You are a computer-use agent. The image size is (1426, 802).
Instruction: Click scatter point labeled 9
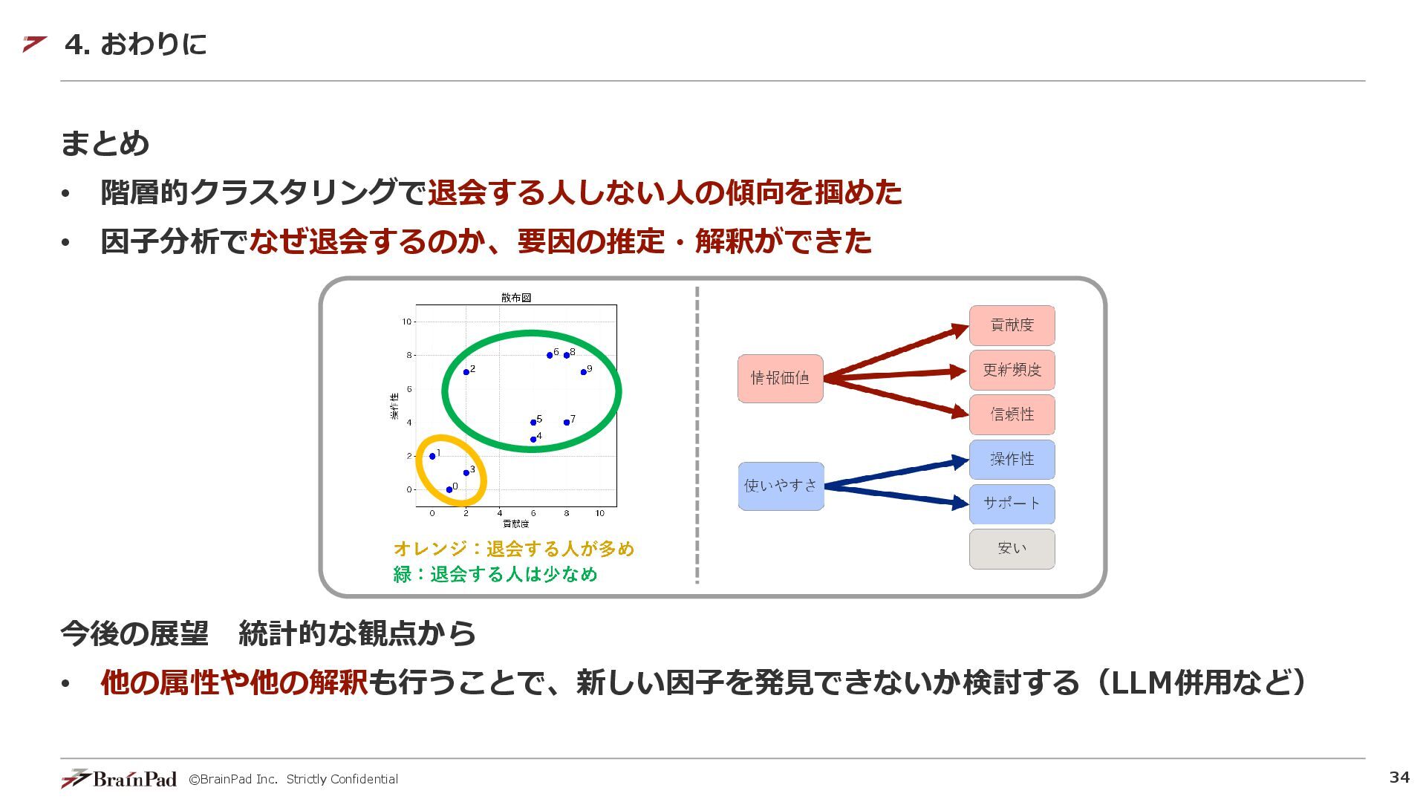[x=584, y=372]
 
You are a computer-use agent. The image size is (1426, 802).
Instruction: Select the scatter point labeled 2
[x=466, y=372]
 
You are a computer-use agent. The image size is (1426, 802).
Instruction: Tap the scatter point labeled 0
[x=449, y=489]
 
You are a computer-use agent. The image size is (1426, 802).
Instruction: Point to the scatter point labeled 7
[x=567, y=423]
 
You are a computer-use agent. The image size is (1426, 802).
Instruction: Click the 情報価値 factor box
[x=780, y=379]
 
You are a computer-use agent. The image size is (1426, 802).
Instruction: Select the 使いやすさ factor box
[x=781, y=486]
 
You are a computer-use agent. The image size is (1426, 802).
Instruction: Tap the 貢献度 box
[x=1012, y=325]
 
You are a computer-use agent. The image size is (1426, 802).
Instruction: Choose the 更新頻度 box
[x=1012, y=370]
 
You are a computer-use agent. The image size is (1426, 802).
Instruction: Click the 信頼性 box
[x=1012, y=414]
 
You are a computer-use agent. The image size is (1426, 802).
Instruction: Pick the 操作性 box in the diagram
[x=1012, y=460]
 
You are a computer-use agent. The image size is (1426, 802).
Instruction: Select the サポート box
[x=1012, y=504]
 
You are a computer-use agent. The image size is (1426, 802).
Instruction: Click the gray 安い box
[x=1012, y=549]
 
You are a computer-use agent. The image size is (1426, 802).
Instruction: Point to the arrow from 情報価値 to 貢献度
[x=895, y=352]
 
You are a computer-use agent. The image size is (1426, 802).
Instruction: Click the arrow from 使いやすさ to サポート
[x=895, y=495]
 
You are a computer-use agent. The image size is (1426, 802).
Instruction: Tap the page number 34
[x=1399, y=777]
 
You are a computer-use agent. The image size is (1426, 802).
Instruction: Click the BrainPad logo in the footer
[x=119, y=778]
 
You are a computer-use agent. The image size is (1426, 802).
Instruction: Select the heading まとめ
[x=105, y=143]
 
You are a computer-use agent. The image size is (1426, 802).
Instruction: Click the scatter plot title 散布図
[x=516, y=298]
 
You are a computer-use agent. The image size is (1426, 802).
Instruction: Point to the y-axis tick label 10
[x=406, y=322]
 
